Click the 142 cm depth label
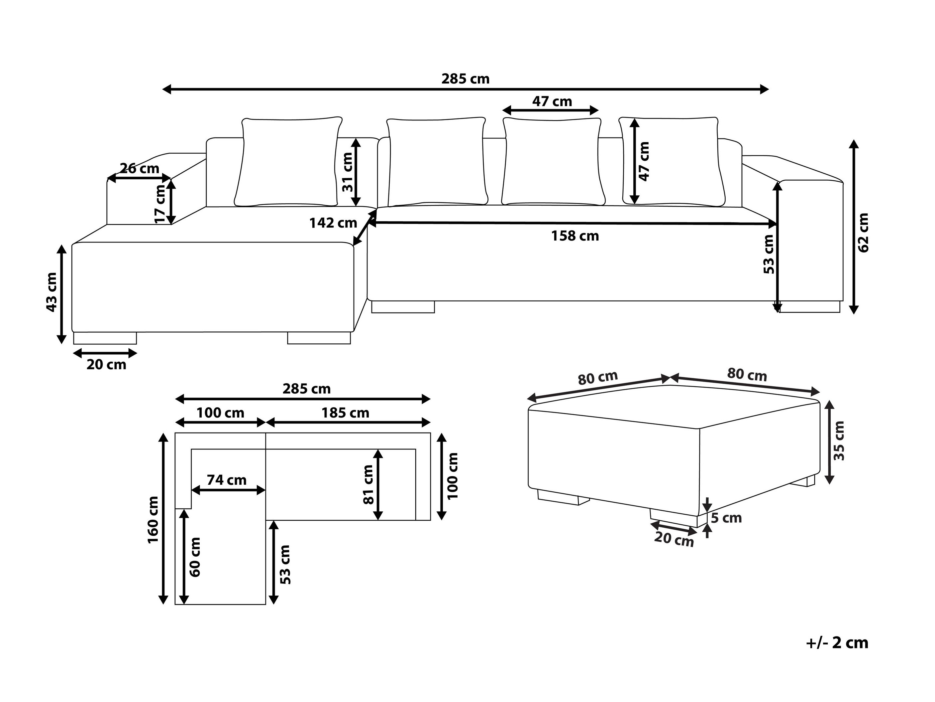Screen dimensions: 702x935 [x=333, y=223]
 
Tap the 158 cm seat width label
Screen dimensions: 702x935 [x=575, y=236]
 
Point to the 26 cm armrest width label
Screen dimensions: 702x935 [x=139, y=168]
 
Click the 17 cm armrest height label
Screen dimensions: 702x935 [x=160, y=204]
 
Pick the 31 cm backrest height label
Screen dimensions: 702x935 [x=348, y=172]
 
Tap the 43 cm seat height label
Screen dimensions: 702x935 [x=51, y=292]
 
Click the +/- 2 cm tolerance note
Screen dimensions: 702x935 [x=837, y=643]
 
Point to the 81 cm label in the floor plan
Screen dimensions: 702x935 [x=368, y=484]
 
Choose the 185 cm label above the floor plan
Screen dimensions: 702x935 [x=345, y=413]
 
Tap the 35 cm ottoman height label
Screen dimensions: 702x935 [x=839, y=440]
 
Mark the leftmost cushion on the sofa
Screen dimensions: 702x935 [x=289, y=162]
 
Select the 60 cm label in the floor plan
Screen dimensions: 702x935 [x=195, y=557]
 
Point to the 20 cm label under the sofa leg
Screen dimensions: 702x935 [x=106, y=364]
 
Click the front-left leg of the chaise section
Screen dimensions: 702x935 [x=105, y=338]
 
